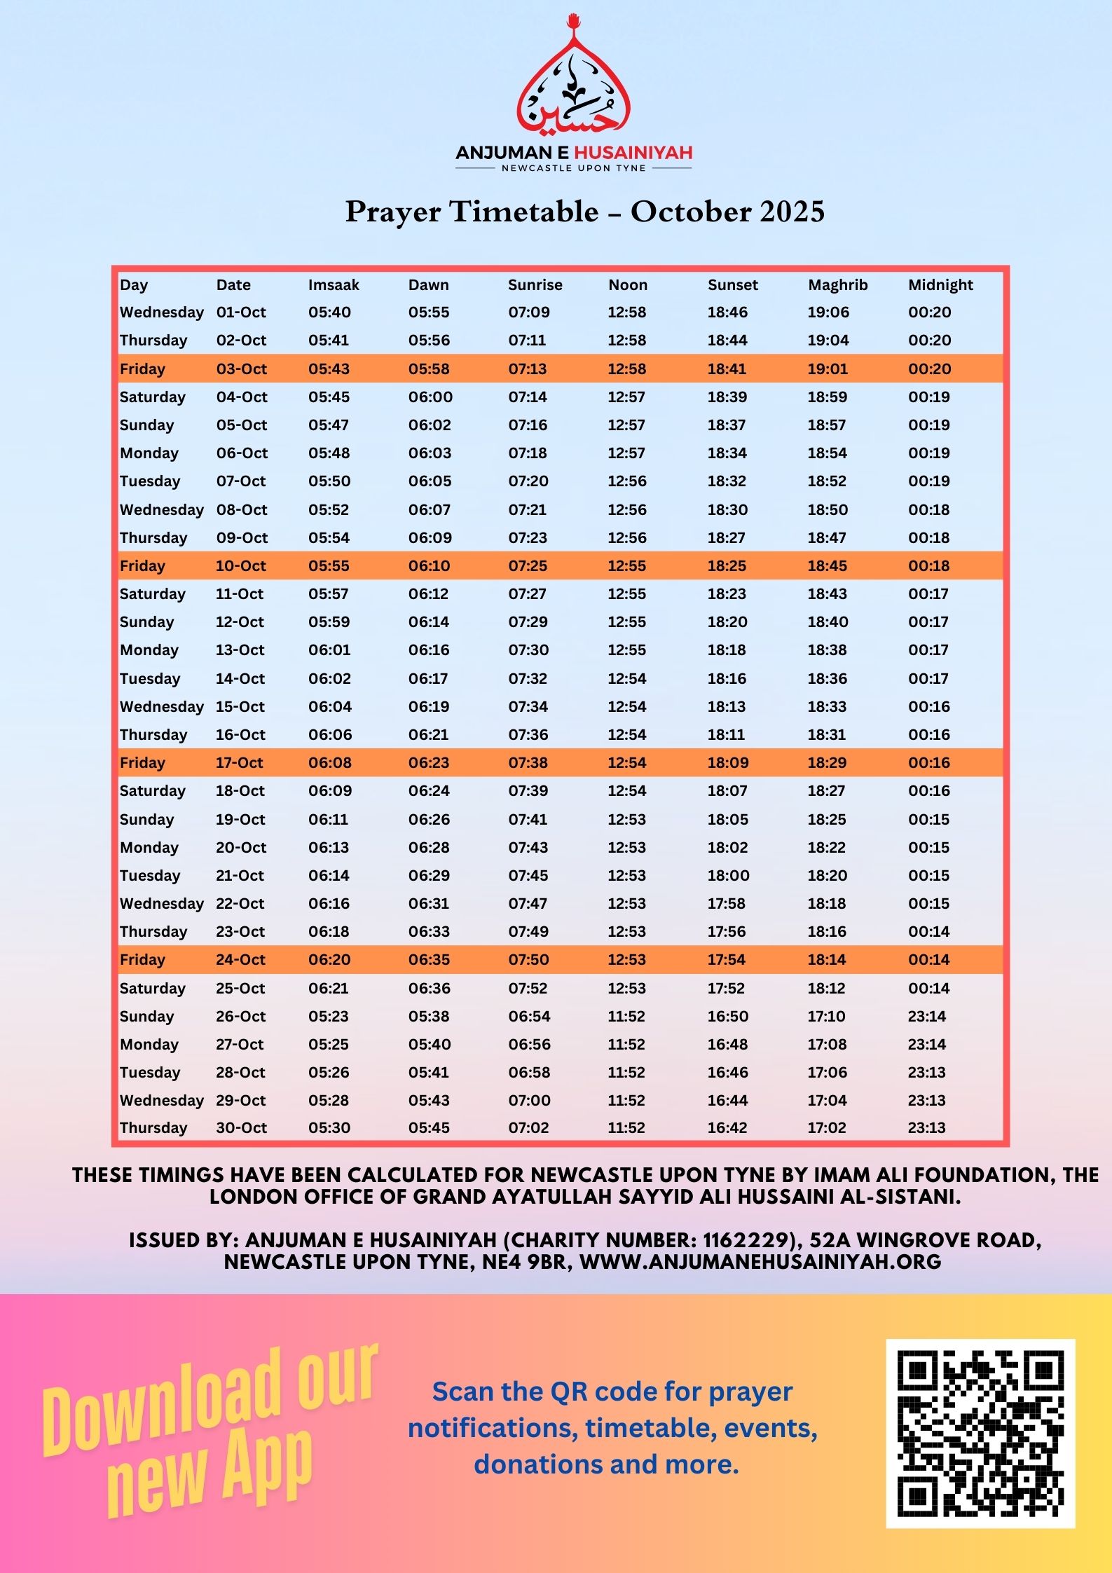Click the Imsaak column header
tap(334, 284)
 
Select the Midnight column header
tap(940, 284)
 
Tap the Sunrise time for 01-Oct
tap(529, 312)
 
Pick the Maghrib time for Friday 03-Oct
tap(828, 369)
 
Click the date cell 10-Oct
tap(241, 565)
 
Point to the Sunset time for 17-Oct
tap(727, 762)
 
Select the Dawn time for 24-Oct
tap(429, 959)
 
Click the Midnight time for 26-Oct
tap(927, 1016)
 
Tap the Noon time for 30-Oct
tap(626, 1127)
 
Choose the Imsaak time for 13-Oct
tap(329, 650)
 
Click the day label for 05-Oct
tap(146, 425)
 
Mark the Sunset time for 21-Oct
tap(728, 875)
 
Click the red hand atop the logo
tap(575, 20)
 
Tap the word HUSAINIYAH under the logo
tap(633, 152)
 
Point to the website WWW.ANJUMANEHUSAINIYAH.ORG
tap(760, 1262)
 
